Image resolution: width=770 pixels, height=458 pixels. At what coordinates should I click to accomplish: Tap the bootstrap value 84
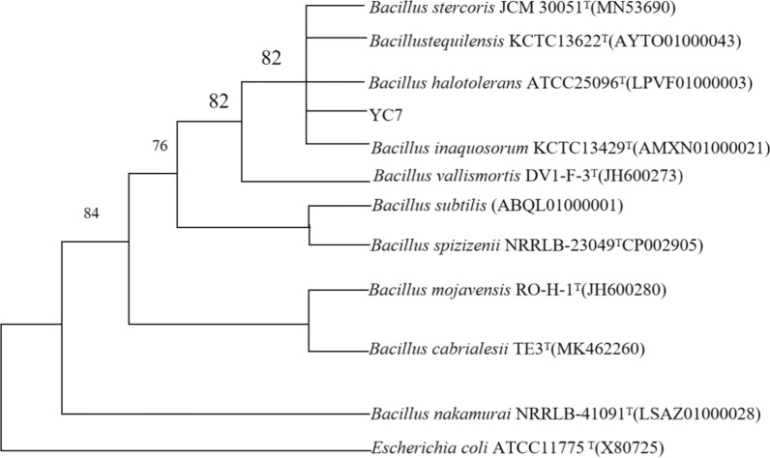(x=90, y=213)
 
